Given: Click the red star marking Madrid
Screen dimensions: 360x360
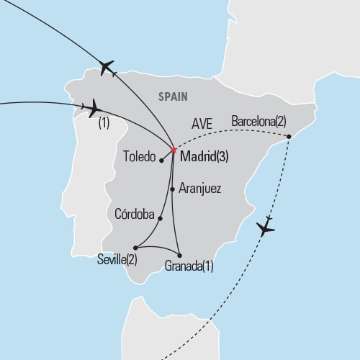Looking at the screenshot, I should tap(174, 150).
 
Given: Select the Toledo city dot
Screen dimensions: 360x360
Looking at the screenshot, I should tap(161, 161).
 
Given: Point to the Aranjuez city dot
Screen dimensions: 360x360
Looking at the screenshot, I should tap(172, 189).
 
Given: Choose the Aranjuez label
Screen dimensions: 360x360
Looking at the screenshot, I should tap(199, 189).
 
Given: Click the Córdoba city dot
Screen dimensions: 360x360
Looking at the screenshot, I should tap(160, 218).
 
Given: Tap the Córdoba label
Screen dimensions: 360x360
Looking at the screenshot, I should tap(135, 214).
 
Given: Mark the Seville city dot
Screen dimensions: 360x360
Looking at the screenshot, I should tap(135, 247).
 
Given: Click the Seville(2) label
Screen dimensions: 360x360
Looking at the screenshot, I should tap(118, 259).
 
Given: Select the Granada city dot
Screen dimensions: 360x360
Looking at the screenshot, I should tap(179, 256).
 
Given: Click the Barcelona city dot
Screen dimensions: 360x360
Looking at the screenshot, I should tap(289, 137).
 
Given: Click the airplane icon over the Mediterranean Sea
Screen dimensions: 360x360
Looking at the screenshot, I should tap(265, 228).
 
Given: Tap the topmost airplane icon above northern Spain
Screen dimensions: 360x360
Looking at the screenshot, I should tap(108, 68).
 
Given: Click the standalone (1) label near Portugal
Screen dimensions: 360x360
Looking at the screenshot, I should tap(103, 124).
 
